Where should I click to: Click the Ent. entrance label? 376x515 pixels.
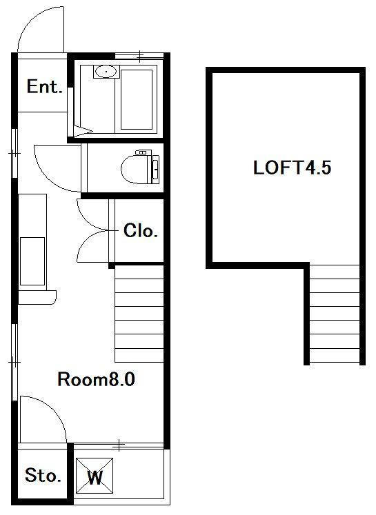44,87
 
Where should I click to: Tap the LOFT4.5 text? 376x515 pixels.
293,168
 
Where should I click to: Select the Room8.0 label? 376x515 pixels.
97,379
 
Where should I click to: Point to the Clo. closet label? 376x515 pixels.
141,230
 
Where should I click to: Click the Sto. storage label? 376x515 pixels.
43,475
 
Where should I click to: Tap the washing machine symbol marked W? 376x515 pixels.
95,476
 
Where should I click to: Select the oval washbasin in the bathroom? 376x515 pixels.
106,70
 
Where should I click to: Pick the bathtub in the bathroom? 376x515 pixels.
137,99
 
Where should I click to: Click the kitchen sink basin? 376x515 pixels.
32,261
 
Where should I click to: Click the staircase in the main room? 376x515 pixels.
139,314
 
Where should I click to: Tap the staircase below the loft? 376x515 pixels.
335,314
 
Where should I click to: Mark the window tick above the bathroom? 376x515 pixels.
140,56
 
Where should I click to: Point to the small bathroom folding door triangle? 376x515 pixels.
81,131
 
